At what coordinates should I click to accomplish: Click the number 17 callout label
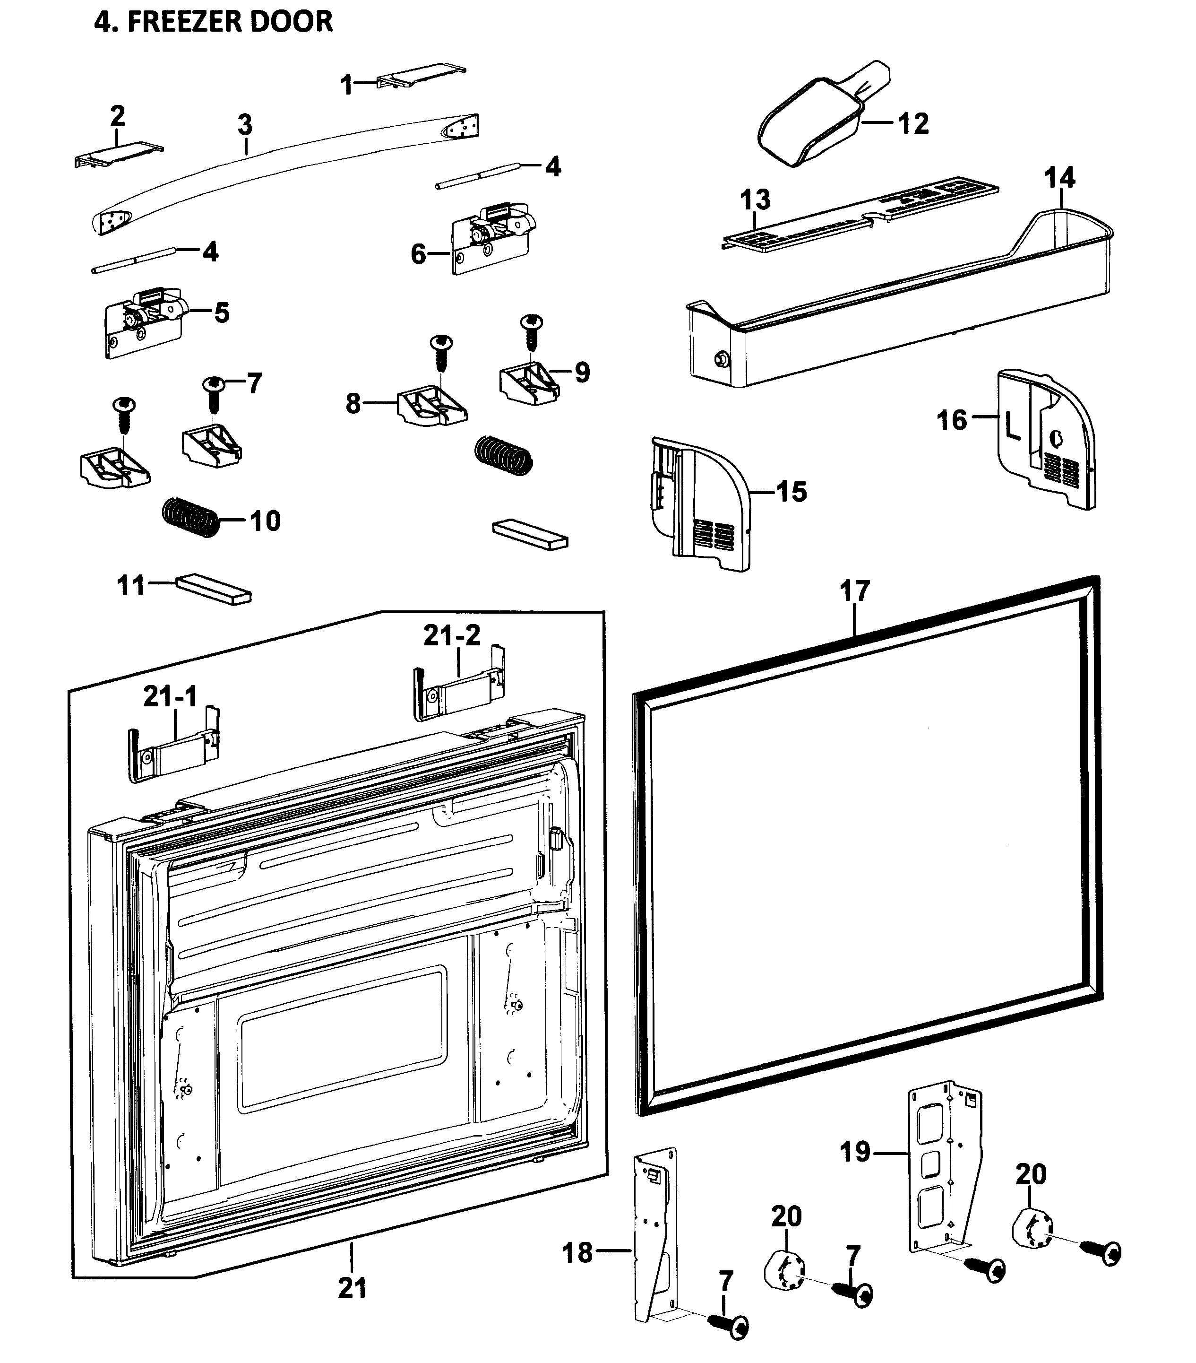(855, 591)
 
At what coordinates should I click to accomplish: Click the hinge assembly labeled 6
(493, 237)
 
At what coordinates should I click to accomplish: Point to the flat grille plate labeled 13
(860, 212)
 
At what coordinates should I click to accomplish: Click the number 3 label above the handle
(245, 125)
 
